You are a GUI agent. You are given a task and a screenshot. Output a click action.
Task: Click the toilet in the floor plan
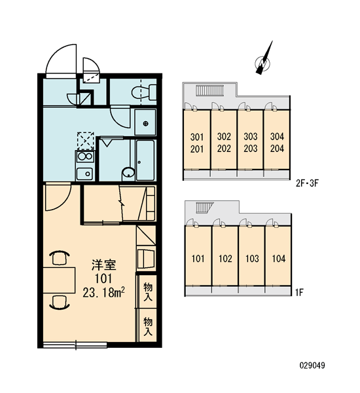(x=144, y=92)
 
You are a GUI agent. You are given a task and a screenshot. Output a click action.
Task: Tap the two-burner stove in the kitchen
(x=85, y=157)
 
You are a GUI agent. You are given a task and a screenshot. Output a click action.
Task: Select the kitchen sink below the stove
(x=85, y=174)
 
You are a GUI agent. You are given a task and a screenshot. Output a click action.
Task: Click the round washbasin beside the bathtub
(x=128, y=173)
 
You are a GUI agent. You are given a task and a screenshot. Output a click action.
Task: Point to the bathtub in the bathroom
(x=145, y=160)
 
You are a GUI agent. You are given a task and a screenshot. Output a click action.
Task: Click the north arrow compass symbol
(x=262, y=59)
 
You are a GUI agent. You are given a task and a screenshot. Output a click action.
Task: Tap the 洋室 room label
(x=103, y=265)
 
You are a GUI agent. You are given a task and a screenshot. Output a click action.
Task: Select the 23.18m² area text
(x=103, y=292)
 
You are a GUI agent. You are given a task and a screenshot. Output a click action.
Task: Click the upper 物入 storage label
(x=148, y=291)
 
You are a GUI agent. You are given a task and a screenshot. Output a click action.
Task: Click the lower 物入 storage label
(x=148, y=326)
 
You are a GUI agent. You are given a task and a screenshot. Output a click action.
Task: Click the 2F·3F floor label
(x=307, y=183)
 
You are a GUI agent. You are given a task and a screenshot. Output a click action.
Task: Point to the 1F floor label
(x=299, y=292)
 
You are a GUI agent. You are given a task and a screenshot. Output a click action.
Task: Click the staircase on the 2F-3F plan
(x=209, y=90)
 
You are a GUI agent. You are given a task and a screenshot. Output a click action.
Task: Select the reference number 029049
(x=312, y=365)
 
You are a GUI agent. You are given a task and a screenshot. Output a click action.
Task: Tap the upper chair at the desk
(x=60, y=257)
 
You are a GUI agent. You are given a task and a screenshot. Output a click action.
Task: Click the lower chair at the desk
(x=60, y=302)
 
